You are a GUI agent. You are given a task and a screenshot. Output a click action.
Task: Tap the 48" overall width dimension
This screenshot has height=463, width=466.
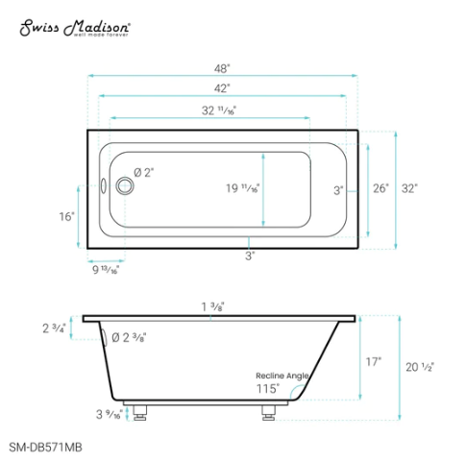click(x=222, y=69)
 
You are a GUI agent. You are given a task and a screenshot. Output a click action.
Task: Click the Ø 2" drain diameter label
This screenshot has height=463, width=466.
click(x=144, y=172)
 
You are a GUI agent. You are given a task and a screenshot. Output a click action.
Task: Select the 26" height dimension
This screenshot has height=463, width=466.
click(x=380, y=188)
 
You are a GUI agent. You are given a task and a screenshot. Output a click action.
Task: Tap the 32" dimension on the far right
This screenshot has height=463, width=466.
click(x=410, y=188)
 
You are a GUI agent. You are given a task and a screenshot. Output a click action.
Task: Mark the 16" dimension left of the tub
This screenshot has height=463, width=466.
click(x=66, y=217)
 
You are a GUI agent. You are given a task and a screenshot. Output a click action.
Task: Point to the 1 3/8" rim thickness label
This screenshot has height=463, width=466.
click(x=213, y=306)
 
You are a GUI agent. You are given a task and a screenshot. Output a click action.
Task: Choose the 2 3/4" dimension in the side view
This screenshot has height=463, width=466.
click(x=54, y=329)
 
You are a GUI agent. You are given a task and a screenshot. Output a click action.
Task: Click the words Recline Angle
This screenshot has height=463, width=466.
click(x=282, y=375)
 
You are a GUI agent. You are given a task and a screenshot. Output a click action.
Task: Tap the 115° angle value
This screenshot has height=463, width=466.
click(x=267, y=389)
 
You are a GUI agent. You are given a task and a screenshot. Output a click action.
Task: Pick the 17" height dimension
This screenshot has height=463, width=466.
click(x=374, y=362)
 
